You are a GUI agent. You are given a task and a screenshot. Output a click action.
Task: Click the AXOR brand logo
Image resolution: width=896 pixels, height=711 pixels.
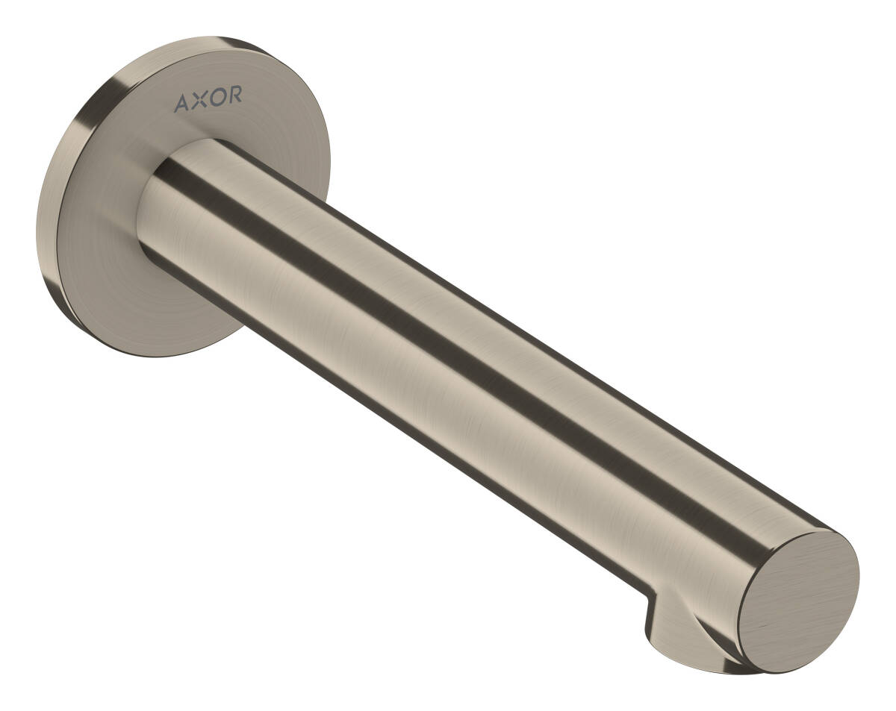click(208, 100)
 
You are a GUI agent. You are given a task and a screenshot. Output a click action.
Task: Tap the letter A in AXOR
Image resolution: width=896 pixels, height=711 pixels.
click(181, 103)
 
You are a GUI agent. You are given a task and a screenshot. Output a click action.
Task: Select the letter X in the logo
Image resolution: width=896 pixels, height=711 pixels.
click(197, 101)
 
